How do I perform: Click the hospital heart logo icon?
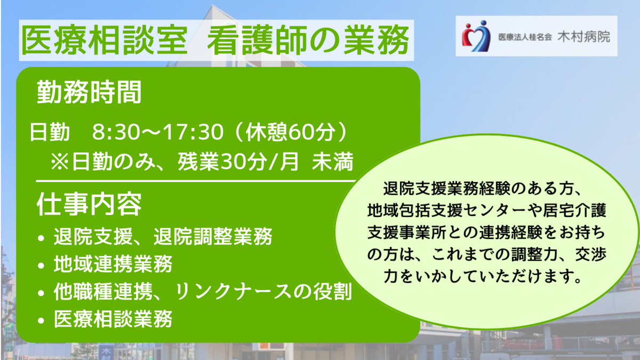coord(476,36)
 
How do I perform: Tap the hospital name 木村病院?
coord(583,37)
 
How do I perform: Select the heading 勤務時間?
coord(89,92)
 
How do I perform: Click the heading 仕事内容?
coord(89,204)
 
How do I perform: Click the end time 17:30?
coord(194,132)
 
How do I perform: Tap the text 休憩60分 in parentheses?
coord(291,132)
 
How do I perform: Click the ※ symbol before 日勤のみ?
coord(59,162)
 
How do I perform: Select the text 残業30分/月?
coord(238,162)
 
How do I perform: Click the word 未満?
coord(333,162)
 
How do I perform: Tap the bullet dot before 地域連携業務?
coord(41,266)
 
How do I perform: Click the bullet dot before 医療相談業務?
coord(41,321)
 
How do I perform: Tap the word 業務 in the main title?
coord(377,40)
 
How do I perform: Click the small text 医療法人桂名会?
coord(525,37)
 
